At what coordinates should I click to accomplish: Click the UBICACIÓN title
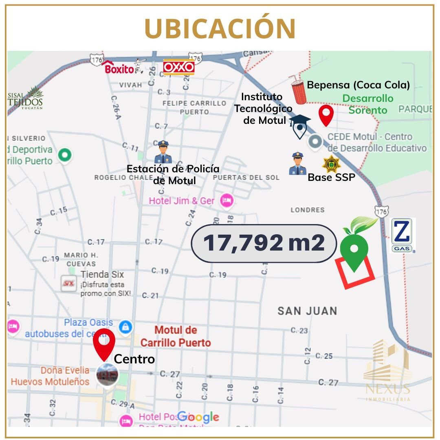220,29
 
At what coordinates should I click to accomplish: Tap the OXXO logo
178,67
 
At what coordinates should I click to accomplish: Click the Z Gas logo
402,235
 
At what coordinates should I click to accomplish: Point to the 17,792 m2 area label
264,243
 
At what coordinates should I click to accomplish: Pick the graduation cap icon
300,121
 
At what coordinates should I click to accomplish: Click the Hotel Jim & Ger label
182,200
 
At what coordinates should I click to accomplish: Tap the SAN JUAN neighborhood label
307,311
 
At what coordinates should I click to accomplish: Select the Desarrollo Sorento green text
367,104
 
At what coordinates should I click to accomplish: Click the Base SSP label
331,177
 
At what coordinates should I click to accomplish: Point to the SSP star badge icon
330,164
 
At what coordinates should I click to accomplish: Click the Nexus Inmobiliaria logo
387,371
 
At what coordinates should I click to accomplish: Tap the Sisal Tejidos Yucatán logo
25,98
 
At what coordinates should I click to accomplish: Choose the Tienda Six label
102,274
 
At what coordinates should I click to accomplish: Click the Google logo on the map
198,417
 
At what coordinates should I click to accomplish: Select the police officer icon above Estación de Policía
163,152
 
